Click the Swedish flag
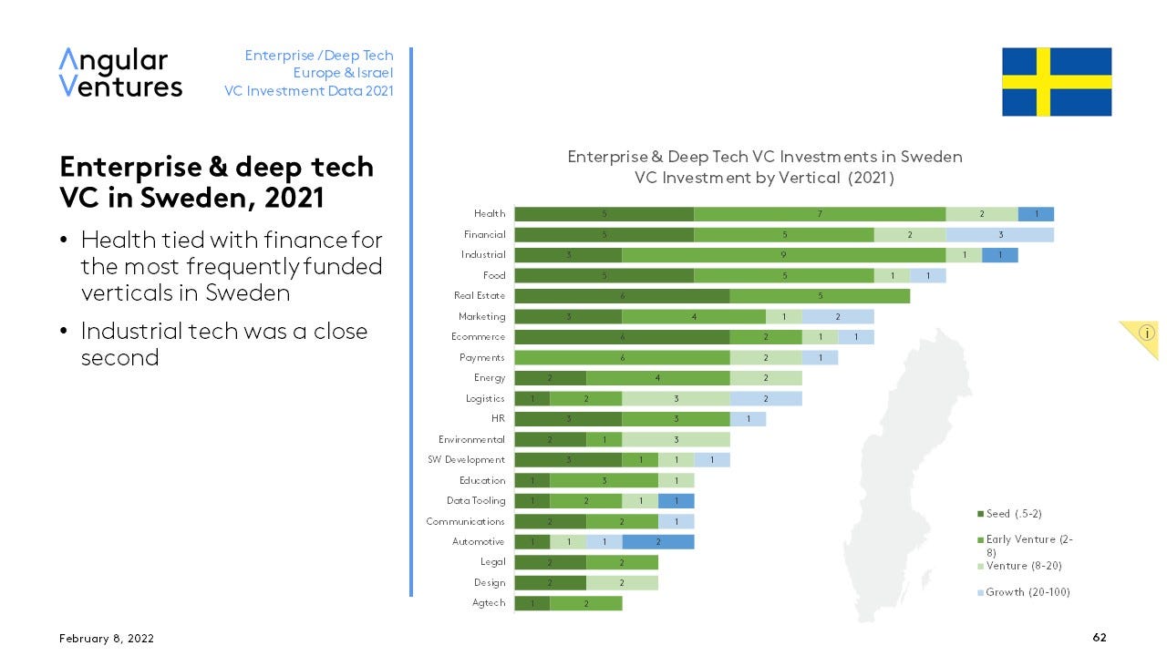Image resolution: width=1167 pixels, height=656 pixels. (1057, 82)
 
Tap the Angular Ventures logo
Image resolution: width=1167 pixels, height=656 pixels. (120, 73)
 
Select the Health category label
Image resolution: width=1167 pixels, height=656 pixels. (490, 214)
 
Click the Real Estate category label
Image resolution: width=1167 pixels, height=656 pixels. (480, 296)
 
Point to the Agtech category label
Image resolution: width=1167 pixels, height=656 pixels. (489, 603)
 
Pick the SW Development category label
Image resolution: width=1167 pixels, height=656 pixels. (467, 460)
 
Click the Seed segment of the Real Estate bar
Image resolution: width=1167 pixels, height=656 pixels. (622, 296)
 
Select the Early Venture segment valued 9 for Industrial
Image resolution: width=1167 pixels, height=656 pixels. (783, 255)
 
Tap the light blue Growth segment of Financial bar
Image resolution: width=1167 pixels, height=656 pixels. (999, 235)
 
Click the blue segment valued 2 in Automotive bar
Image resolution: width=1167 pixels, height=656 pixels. (657, 542)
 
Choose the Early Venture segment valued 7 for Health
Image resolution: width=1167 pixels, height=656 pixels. (820, 214)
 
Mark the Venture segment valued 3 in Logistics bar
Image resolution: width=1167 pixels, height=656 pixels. (676, 398)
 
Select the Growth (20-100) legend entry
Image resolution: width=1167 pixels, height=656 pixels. (1028, 593)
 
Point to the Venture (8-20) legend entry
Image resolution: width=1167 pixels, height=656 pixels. (1024, 567)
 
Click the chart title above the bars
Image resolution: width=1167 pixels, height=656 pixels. (764, 167)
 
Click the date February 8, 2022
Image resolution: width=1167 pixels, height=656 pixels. (106, 640)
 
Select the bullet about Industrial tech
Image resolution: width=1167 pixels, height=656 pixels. (223, 343)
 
